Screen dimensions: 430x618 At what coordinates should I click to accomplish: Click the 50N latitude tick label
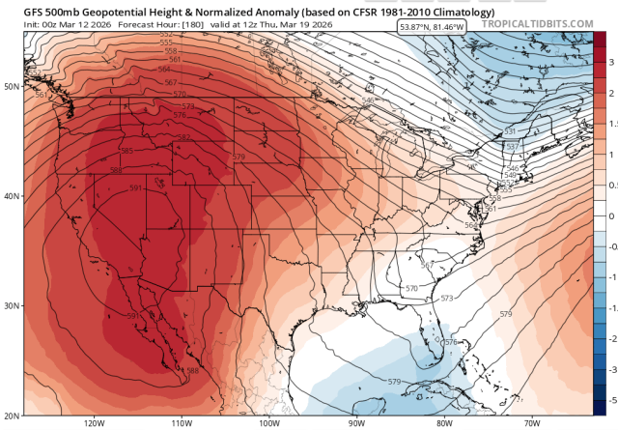(13, 85)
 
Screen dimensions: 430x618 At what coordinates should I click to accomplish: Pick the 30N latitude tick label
(13, 305)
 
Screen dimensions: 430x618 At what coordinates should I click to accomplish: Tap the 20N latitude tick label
(13, 415)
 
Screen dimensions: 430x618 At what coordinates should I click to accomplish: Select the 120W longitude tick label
(95, 423)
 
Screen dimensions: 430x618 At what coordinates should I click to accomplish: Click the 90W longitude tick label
(357, 423)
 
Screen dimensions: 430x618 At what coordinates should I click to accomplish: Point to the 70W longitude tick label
(532, 423)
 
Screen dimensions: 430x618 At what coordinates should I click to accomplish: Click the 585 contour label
(127, 151)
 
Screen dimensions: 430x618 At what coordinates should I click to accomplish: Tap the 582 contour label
(183, 137)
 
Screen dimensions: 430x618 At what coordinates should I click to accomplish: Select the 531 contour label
(510, 130)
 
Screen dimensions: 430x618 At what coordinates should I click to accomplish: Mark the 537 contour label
(513, 147)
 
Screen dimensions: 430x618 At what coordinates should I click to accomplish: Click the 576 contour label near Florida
(449, 343)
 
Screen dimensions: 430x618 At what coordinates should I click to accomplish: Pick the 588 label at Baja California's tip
(192, 371)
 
